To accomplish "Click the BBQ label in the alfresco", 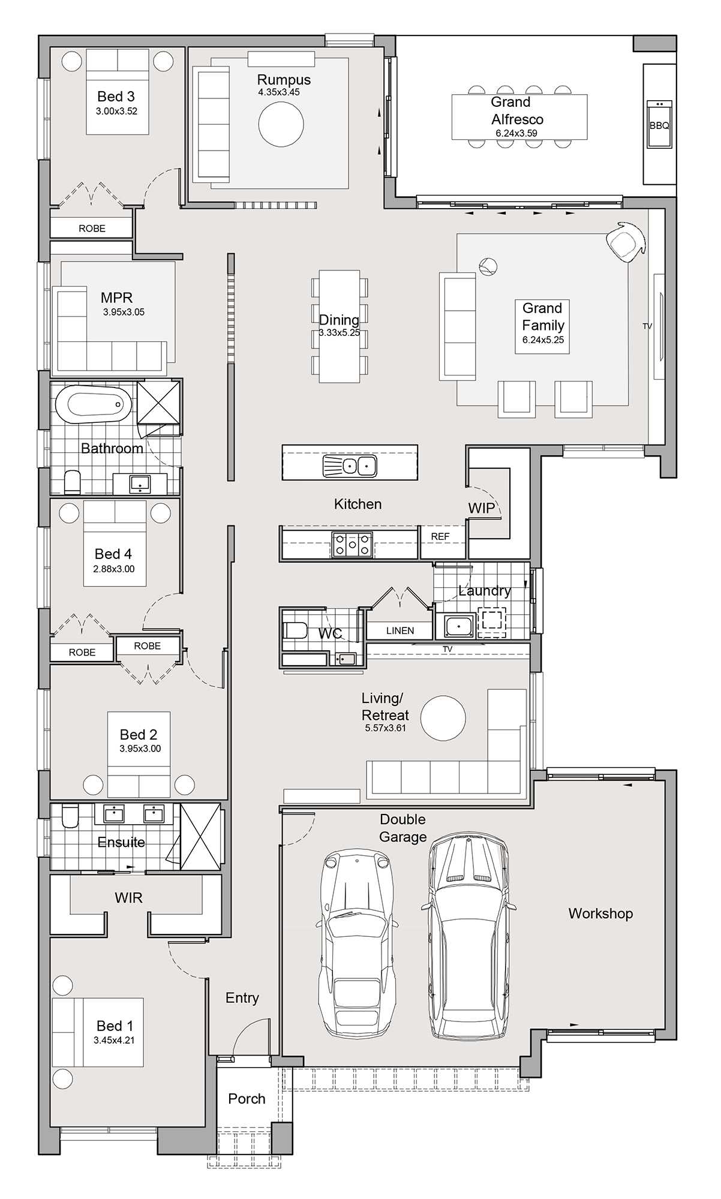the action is click(x=659, y=126).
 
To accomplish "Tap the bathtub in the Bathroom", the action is click(x=93, y=405).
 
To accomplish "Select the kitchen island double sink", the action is click(x=350, y=465).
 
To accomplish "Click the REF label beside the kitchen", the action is click(x=440, y=536).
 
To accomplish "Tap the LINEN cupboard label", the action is click(x=399, y=630).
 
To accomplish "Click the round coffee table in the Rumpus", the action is click(x=281, y=124).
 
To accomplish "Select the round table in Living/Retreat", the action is click(x=443, y=718).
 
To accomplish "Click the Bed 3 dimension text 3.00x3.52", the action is click(x=116, y=111).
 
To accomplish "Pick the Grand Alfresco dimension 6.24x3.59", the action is click(x=516, y=133).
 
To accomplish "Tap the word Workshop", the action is click(x=600, y=913).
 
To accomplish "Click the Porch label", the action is click(x=247, y=1099).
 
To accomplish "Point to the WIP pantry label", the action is click(x=482, y=508).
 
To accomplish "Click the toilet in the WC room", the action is click(x=295, y=630).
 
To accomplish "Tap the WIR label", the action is click(x=128, y=898).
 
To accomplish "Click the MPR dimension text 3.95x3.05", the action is click(x=124, y=312).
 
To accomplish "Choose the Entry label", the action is click(x=242, y=997).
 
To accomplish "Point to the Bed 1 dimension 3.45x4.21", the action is click(x=114, y=1040).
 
